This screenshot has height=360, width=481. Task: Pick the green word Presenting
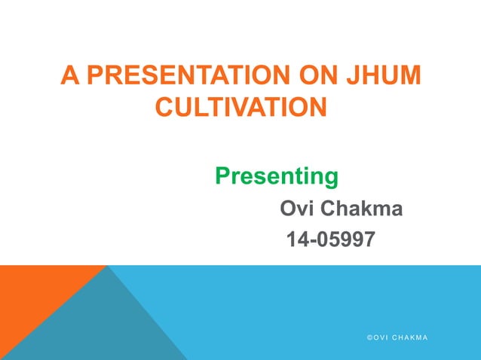tap(276, 176)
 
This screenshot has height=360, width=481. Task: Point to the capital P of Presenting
tap(222, 176)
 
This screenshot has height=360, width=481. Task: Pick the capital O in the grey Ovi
tap(288, 208)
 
